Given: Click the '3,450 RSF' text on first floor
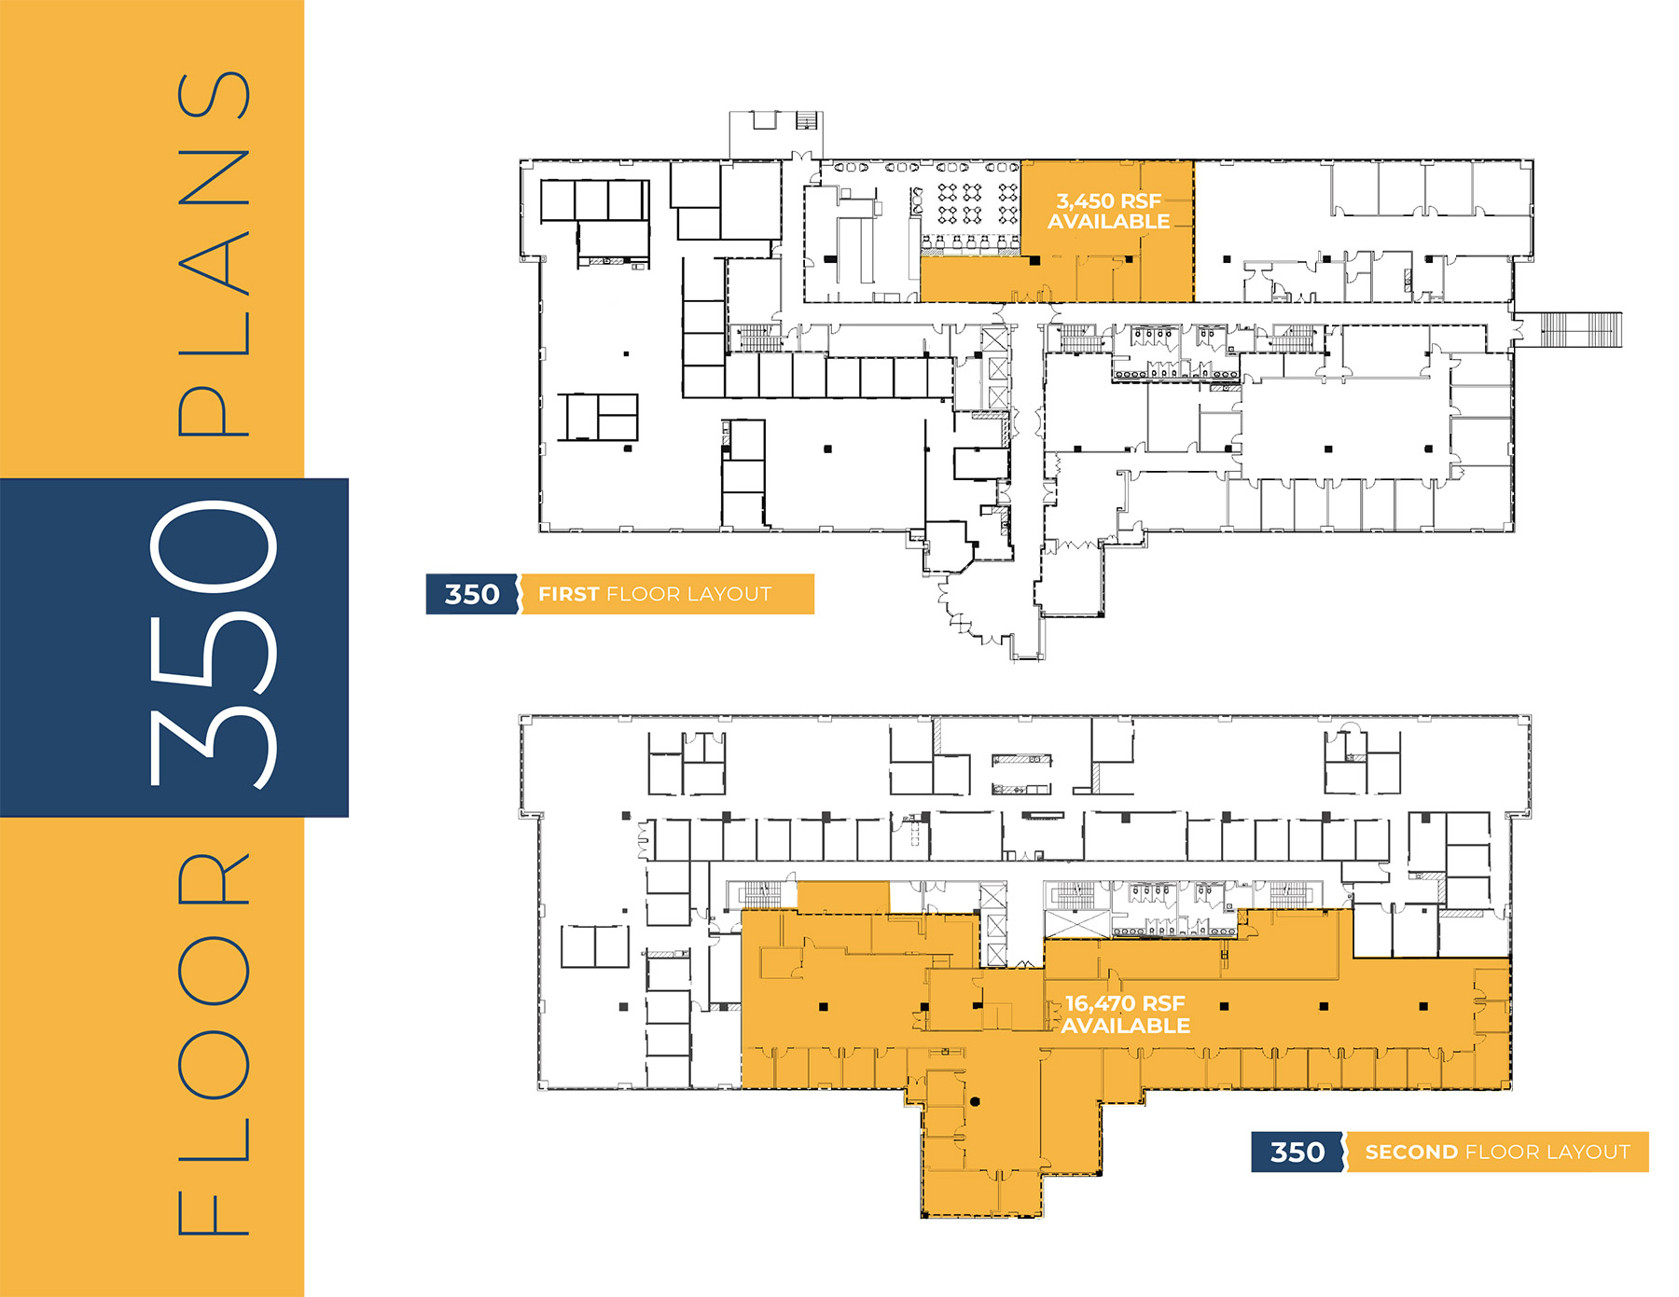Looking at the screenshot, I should (1108, 200).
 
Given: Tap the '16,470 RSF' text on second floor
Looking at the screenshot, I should (1125, 1003).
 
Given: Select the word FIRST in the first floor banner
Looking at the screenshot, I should (568, 594).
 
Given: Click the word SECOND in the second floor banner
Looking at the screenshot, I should (1411, 1152).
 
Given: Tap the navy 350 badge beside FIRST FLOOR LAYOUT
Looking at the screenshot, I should (472, 594).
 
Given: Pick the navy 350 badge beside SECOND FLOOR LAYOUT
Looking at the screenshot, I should (1297, 1152).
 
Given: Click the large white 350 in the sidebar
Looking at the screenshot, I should (213, 647).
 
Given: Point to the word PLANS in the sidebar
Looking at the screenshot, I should (215, 254).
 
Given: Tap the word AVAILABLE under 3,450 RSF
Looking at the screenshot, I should (1108, 222).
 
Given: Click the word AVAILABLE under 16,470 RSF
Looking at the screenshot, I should (1125, 1026).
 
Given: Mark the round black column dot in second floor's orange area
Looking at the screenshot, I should (975, 1101).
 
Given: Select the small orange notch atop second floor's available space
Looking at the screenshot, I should (843, 897).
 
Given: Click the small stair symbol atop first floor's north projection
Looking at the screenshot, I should (807, 120).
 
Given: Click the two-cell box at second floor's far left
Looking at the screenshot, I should (595, 947).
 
